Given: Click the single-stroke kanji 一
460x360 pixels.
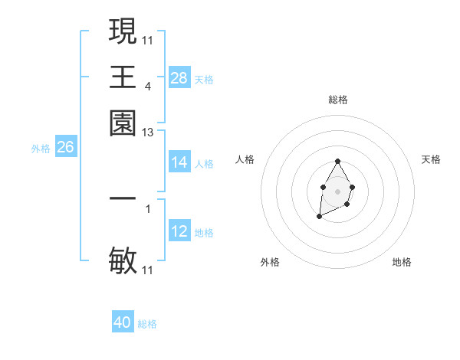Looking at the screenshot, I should [123, 198].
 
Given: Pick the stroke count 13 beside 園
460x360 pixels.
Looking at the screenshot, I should [147, 133].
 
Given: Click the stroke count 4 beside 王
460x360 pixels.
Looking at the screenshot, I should [147, 87].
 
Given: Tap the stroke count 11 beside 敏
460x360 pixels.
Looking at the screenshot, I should [147, 270].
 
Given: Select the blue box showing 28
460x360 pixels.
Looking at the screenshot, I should [179, 78].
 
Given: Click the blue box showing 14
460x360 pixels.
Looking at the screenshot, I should [179, 162].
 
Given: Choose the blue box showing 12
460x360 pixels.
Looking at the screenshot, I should [179, 231].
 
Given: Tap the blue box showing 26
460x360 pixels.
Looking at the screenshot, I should [65, 148].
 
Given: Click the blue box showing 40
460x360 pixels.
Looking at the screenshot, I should [123, 322].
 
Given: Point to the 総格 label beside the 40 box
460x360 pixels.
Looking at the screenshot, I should [147, 324].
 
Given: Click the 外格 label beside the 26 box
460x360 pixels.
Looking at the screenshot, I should [40, 149].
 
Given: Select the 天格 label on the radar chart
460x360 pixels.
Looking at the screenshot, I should [431, 159].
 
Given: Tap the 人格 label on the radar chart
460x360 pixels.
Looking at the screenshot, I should [245, 159].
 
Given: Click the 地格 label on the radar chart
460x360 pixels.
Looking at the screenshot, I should [402, 262].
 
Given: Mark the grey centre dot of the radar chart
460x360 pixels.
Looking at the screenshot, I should [337, 190].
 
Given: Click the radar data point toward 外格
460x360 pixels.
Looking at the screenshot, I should [319, 218].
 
